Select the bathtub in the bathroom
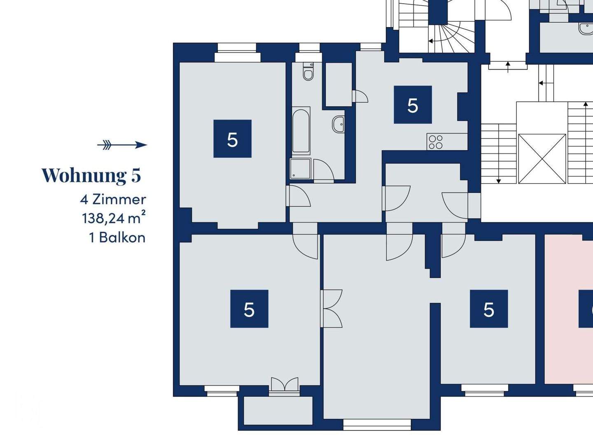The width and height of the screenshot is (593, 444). [x=301, y=130]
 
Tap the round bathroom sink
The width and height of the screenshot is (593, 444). [x=339, y=124]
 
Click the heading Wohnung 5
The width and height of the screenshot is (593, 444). [x=91, y=175]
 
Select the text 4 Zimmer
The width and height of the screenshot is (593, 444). [x=113, y=200]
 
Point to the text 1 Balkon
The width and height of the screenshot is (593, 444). [x=117, y=238]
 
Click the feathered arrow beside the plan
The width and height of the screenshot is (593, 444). [x=122, y=145]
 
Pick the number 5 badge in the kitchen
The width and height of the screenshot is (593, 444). [x=413, y=105]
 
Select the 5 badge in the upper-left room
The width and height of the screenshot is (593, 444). [x=232, y=139]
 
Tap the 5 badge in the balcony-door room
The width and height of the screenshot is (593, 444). [x=249, y=309]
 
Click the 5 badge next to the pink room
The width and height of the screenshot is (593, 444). [x=489, y=309]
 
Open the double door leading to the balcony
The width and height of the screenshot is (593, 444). [x=285, y=386]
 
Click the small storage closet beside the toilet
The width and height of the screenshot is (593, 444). [x=339, y=84]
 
